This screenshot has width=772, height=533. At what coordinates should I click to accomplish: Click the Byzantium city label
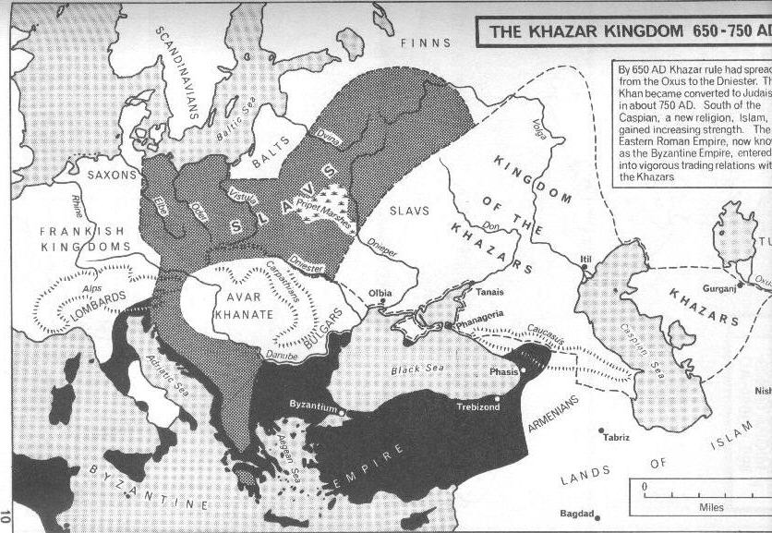click(310, 406)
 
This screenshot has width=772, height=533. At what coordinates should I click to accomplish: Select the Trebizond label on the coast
click(477, 406)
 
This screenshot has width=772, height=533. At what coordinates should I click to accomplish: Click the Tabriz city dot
click(601, 430)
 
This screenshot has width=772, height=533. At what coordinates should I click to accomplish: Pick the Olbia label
click(380, 294)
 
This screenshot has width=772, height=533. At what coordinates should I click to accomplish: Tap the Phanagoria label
click(479, 314)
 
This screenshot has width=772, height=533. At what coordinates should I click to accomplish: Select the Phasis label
click(504, 373)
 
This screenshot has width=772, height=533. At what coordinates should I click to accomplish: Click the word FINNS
click(426, 42)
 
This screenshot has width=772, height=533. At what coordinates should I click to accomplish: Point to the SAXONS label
click(112, 174)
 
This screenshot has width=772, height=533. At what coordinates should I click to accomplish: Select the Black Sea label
click(417, 369)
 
